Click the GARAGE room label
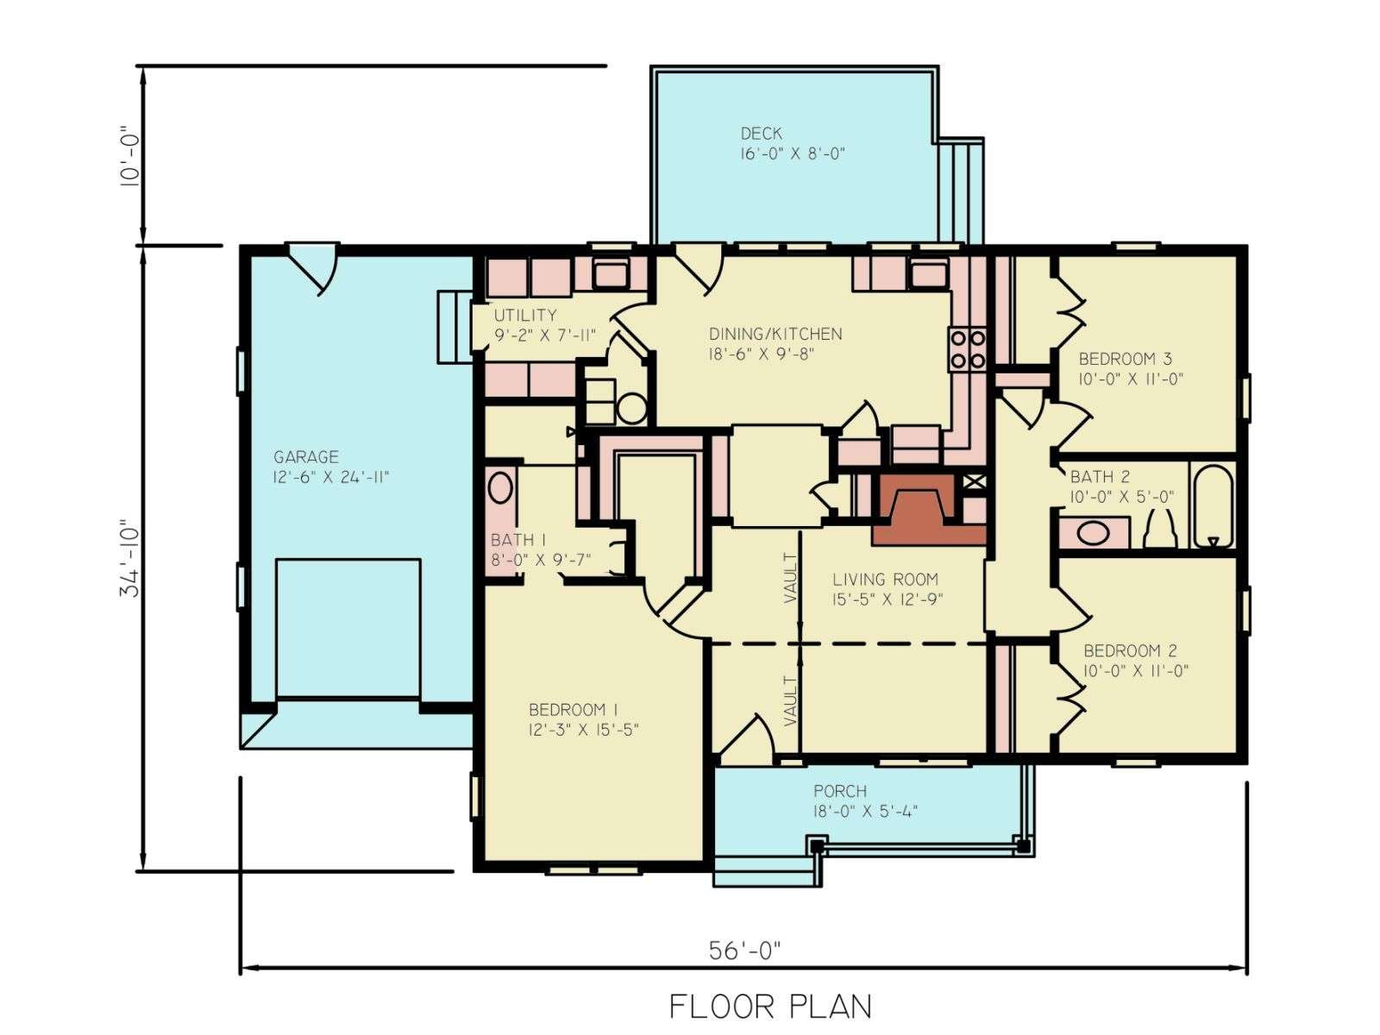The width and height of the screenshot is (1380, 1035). click(x=306, y=457)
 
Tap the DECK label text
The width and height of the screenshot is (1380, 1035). click(x=762, y=133)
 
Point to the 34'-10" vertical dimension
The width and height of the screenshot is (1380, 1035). click(x=130, y=559)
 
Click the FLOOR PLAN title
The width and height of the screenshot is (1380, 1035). click(x=771, y=1007)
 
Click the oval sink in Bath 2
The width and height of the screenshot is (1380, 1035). click(x=1094, y=534)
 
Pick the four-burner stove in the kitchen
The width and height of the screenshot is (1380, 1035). click(x=968, y=349)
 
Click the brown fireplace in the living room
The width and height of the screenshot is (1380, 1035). click(x=929, y=509)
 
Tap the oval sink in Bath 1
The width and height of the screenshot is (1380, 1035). click(x=500, y=487)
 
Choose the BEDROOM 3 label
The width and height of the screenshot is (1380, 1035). click(x=1126, y=359)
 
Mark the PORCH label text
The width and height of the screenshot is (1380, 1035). click(x=840, y=791)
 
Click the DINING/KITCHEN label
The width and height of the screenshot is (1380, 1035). click(x=775, y=334)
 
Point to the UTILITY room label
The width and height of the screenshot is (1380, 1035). click(x=525, y=315)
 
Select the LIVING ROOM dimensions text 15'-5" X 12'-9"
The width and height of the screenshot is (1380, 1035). click(x=888, y=599)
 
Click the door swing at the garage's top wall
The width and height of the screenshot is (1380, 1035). click(x=313, y=269)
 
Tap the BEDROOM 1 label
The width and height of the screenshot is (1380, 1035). click(x=574, y=710)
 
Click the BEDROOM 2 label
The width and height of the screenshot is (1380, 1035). click(x=1130, y=650)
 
